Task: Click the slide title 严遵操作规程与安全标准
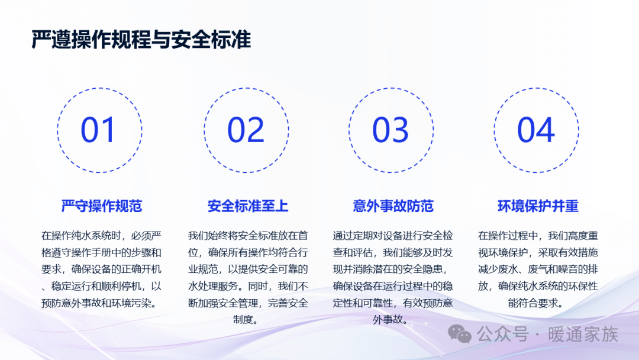coord(141,40)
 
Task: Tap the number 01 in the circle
coord(98,130)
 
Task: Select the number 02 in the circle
coord(246,130)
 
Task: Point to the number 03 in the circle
coord(390,130)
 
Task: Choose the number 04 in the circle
coord(536,130)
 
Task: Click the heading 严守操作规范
coord(102,206)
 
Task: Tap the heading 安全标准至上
coord(248,206)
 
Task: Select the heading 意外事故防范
coord(393,206)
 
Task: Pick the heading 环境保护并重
coord(538,206)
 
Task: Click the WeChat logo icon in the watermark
coord(460,335)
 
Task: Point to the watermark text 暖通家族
coord(583,335)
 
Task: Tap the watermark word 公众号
coord(502,335)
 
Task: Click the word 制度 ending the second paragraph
coord(243,320)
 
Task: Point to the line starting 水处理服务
coord(248,286)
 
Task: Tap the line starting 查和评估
coord(393,253)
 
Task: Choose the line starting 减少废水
coord(538,269)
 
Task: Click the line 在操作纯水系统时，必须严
coord(102,236)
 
